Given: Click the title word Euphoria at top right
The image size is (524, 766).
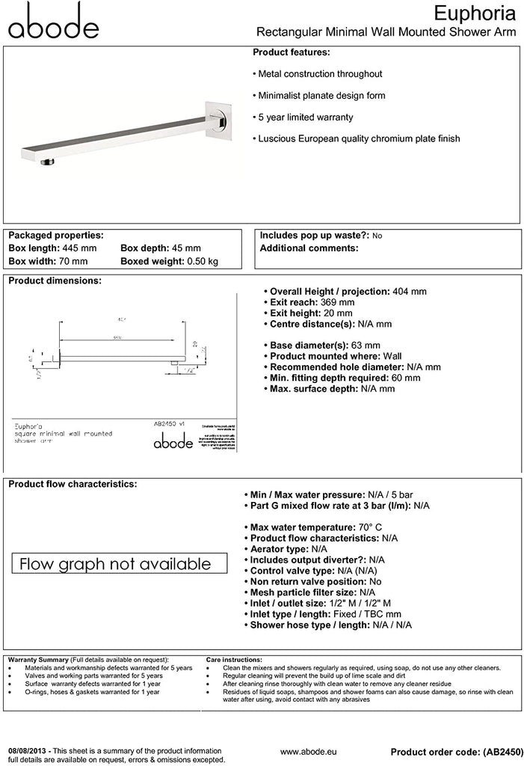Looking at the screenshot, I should [x=475, y=13].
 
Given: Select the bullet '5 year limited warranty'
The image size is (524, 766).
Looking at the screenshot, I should [x=306, y=117].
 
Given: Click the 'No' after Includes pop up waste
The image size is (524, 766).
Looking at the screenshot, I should [x=377, y=236].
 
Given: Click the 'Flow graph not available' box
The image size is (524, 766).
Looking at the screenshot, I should [x=115, y=563].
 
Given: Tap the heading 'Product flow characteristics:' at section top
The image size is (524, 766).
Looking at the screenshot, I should [x=73, y=484].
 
